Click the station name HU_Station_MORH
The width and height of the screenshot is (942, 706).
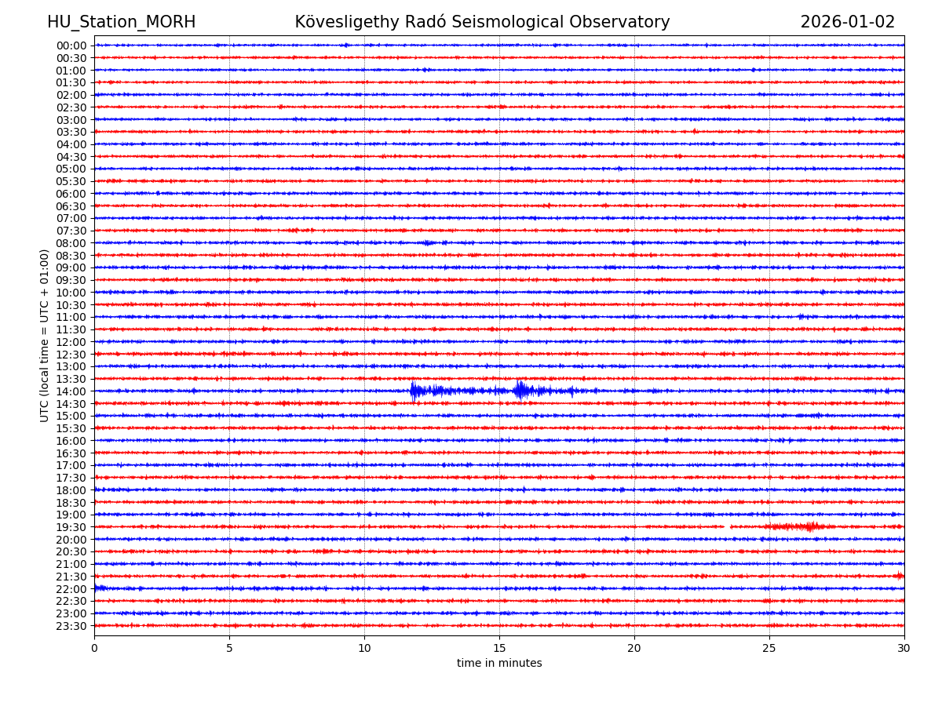pos(121,23)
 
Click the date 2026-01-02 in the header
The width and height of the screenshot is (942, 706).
pos(847,23)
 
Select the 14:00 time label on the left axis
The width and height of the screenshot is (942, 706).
pos(71,391)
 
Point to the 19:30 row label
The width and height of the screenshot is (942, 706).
pos(71,527)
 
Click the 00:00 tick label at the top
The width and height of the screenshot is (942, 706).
pos(71,45)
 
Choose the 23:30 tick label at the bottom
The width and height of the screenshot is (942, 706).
pos(71,626)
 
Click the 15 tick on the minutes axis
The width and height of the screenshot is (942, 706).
pos(499,649)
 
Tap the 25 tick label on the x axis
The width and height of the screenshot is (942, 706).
pos(769,649)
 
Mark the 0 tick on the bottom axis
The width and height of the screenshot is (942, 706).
pos(94,649)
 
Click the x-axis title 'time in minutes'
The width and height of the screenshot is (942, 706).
pos(499,664)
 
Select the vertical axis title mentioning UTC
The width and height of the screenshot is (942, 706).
pos(46,336)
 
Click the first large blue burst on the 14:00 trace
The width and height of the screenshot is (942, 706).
pos(414,391)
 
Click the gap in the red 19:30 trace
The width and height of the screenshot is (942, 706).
pos(727,526)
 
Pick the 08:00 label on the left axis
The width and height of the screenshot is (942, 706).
pos(71,243)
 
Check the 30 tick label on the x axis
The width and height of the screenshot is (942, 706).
pos(904,649)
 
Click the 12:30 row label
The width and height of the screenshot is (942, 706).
pos(71,355)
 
